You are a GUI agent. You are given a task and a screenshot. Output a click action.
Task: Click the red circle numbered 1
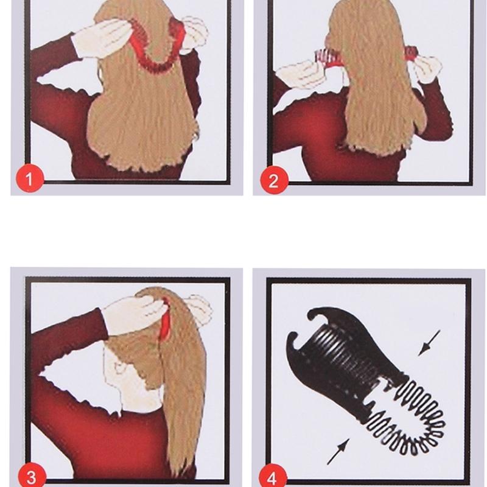click(30, 178)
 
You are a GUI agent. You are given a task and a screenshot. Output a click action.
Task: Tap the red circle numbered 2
click(274, 180)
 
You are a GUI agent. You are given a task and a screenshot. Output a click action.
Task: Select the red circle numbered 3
click(32, 477)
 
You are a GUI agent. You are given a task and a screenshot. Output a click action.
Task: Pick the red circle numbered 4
click(273, 478)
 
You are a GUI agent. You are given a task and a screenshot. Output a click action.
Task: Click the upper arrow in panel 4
click(429, 343)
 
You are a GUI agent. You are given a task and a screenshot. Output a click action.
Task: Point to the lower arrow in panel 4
click(338, 452)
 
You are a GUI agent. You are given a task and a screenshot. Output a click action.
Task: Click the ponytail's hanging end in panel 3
click(183, 450)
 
